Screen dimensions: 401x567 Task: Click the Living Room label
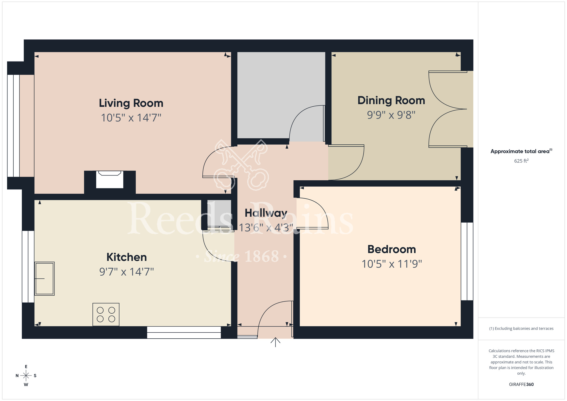tap(131, 103)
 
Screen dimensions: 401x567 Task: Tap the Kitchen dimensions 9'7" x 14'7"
tap(126, 272)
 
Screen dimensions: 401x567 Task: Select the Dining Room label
tap(391, 100)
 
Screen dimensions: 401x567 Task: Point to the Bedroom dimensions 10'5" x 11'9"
tap(392, 264)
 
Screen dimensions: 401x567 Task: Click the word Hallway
tap(266, 213)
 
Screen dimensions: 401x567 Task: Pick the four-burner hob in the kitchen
tap(106, 315)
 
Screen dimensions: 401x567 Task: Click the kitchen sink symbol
tap(45, 278)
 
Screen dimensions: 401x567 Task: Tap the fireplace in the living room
tap(110, 180)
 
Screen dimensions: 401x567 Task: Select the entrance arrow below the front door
tap(275, 342)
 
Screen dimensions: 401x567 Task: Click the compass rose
tap(26, 376)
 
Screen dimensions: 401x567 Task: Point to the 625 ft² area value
tap(521, 161)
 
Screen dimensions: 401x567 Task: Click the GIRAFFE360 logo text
tap(521, 385)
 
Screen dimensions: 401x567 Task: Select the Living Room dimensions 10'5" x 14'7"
tap(131, 118)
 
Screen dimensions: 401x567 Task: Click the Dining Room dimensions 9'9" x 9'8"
tap(391, 115)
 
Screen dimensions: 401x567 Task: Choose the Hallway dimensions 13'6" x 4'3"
tap(266, 227)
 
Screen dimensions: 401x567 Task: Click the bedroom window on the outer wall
tap(467, 261)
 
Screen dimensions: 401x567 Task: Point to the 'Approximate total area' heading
tap(521, 151)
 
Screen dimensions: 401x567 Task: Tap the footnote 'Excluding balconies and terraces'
tap(521, 328)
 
